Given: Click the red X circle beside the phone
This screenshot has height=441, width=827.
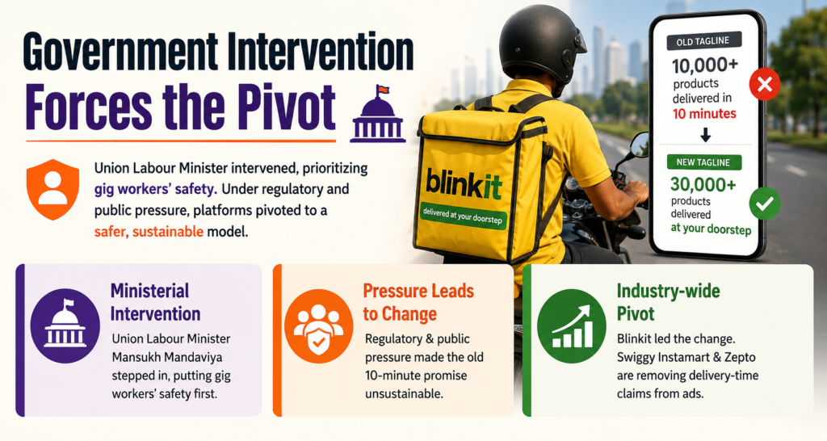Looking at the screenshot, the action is pyautogui.click(x=765, y=84).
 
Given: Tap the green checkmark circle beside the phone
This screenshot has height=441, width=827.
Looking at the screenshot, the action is pyautogui.click(x=765, y=204).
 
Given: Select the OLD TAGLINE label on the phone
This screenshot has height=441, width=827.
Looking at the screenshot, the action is pyautogui.click(x=703, y=41).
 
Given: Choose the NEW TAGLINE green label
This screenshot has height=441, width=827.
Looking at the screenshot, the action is pyautogui.click(x=703, y=162).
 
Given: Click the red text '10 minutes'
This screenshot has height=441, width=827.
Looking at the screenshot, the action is pyautogui.click(x=704, y=113).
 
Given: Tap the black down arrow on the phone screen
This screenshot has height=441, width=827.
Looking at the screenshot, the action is pyautogui.click(x=705, y=135).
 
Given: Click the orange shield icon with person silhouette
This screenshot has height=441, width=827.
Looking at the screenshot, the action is pyautogui.click(x=52, y=189).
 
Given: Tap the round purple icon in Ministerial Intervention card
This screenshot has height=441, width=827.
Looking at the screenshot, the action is pyautogui.click(x=65, y=325).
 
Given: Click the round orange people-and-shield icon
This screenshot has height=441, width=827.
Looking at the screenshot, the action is pyautogui.click(x=318, y=325).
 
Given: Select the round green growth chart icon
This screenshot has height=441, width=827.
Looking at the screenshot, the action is pyautogui.click(x=572, y=325).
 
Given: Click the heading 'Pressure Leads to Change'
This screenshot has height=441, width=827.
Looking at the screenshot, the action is pyautogui.click(x=418, y=302).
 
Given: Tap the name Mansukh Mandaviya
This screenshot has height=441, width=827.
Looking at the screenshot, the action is pyautogui.click(x=166, y=357).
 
